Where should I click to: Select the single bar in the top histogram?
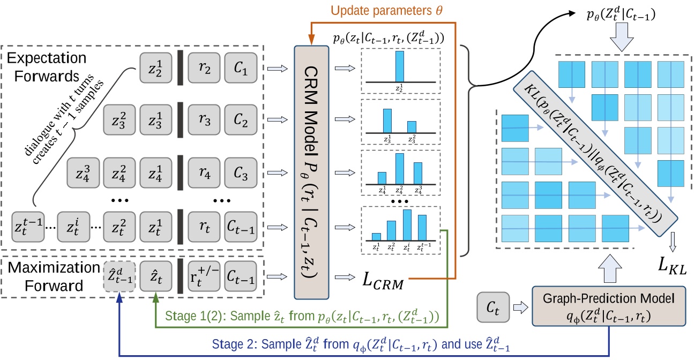[x=400, y=65]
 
